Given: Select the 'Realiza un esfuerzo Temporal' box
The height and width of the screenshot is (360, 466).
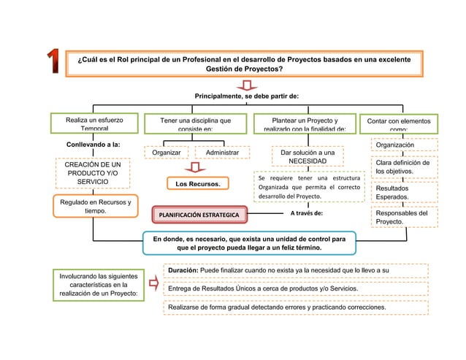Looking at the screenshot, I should pos(93,123).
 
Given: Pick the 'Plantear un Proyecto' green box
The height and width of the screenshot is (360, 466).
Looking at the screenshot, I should pos(305,123).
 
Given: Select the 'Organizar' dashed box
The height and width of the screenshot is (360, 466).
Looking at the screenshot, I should pos(167,153).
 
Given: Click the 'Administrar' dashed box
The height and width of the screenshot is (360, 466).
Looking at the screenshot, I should pos(222,153).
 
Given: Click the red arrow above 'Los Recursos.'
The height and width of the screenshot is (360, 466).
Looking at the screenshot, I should pos(194,167).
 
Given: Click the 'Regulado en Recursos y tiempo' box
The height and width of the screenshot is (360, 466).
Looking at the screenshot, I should pos(93,207).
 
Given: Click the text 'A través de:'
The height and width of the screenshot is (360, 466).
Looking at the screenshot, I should pos(307,213).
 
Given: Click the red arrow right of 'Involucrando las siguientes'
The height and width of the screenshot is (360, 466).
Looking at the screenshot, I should pos(153,283).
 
